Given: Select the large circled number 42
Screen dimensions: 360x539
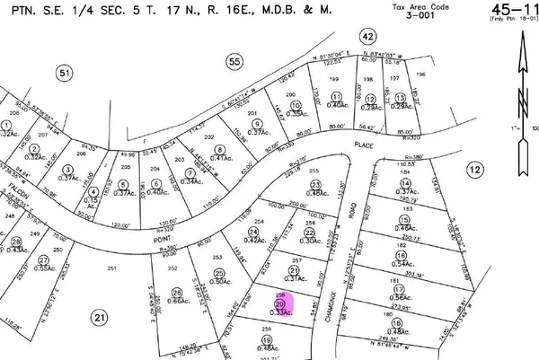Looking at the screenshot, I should coord(367,37).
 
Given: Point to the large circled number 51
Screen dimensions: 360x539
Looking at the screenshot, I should coord(63,74).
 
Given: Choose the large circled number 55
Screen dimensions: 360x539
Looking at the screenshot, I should coord(234,61).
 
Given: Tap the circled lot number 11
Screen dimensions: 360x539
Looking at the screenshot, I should coord(338,97).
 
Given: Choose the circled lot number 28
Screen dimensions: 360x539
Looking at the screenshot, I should coord(15,242).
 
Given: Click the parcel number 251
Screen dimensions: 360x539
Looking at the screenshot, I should coord(111,269).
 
